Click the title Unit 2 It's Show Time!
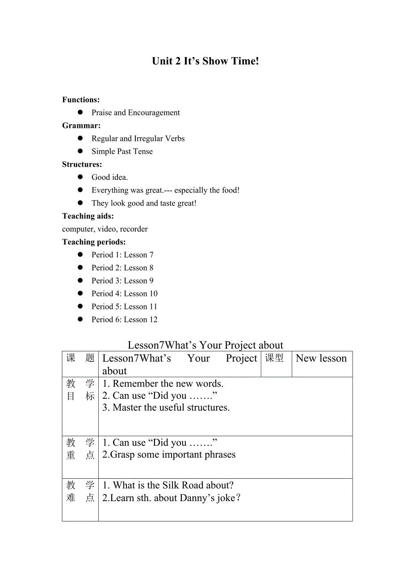coord(205,61)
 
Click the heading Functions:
coord(81,100)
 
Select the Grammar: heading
coord(81,126)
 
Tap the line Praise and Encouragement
coord(135,113)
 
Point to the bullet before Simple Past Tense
coord(80,151)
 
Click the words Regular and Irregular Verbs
coord(138,139)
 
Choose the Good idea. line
coord(109,177)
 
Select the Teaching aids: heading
coord(88,216)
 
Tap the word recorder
coord(134,229)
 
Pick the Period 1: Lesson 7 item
coord(122,255)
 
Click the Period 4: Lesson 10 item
coord(124,294)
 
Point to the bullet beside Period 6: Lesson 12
coord(80,319)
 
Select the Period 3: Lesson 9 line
coord(122,281)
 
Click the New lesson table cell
coord(321,358)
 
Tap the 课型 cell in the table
coord(274,358)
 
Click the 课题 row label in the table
coord(80,358)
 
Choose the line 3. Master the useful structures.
coord(166,408)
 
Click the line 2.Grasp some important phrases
coord(169,455)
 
